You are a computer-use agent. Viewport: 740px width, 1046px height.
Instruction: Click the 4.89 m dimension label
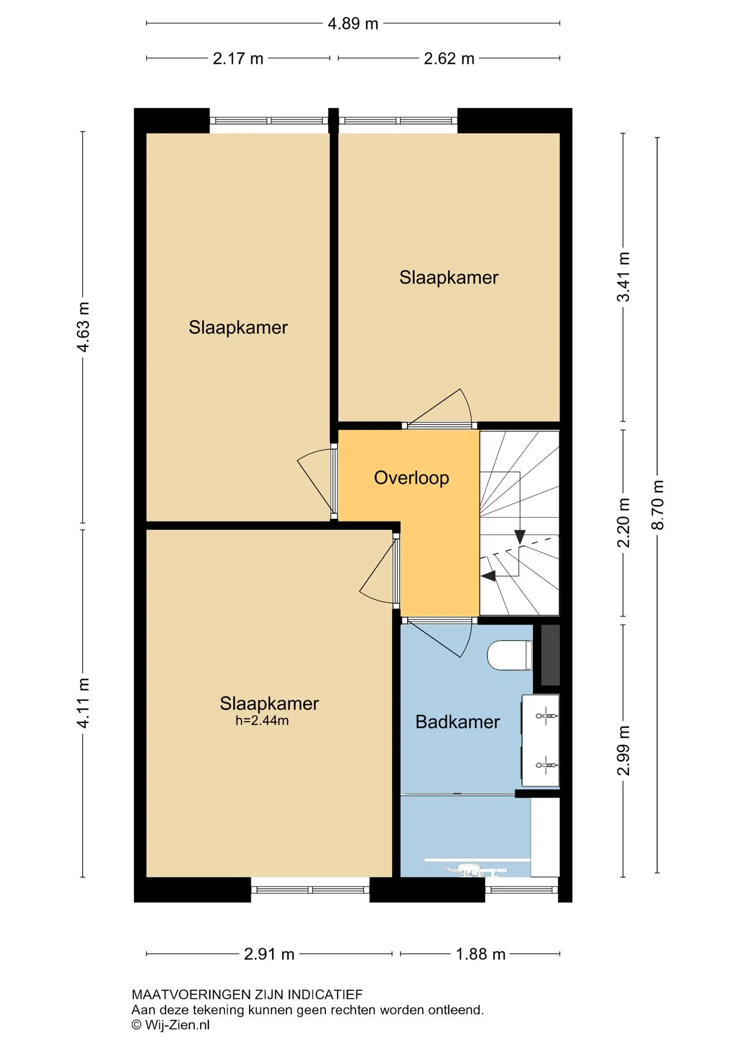[x=353, y=23]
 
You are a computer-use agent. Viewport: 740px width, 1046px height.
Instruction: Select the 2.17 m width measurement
[x=238, y=59]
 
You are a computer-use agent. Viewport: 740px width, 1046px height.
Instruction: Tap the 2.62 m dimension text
[x=449, y=59]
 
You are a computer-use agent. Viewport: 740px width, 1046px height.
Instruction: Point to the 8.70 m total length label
[x=658, y=505]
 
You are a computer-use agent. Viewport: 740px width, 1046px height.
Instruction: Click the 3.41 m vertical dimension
[x=624, y=277]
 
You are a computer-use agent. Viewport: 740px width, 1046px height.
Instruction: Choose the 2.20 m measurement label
[x=624, y=522]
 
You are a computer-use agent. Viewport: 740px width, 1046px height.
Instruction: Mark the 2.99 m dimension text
[x=624, y=750]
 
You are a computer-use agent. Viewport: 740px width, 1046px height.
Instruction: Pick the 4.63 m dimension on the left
[x=83, y=327]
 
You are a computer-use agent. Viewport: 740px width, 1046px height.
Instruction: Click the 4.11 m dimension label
[x=83, y=702]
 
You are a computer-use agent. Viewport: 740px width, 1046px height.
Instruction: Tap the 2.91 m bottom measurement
[x=269, y=954]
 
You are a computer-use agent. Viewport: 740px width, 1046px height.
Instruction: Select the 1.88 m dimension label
[x=481, y=954]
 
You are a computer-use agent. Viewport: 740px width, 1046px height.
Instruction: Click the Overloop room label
[x=412, y=478]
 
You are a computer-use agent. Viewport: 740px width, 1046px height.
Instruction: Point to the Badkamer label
[x=458, y=722]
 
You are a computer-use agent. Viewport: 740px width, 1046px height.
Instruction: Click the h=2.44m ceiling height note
[x=262, y=721]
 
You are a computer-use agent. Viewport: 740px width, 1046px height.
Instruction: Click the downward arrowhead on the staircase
[x=519, y=537]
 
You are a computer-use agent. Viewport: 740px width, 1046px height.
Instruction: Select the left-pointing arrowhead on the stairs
[x=489, y=576]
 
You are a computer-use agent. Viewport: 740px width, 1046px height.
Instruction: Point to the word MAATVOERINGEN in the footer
[x=192, y=994]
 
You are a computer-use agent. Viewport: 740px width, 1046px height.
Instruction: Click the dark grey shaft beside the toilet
[x=550, y=655]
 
